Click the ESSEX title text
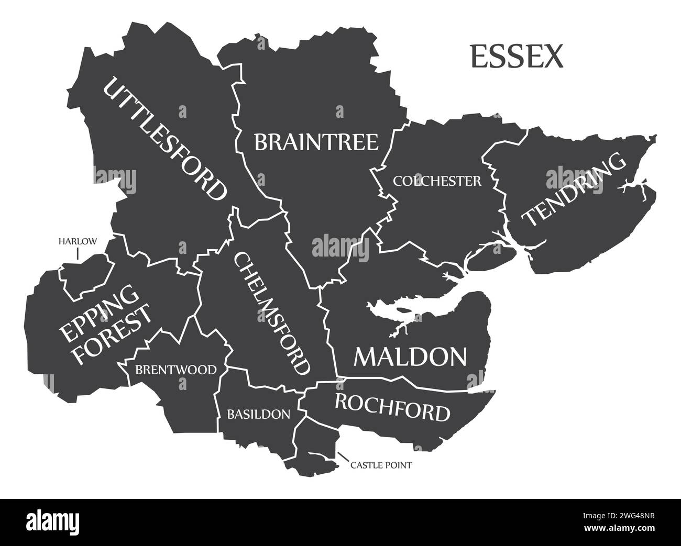(517, 57)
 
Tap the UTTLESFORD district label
(165, 139)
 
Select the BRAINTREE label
(316, 142)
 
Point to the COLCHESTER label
(437, 181)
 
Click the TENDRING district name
(575, 190)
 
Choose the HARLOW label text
(78, 241)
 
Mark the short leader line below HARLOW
(78, 254)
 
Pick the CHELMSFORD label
(271, 313)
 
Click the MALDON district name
(410, 357)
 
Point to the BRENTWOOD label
(175, 370)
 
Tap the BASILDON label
(258, 415)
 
